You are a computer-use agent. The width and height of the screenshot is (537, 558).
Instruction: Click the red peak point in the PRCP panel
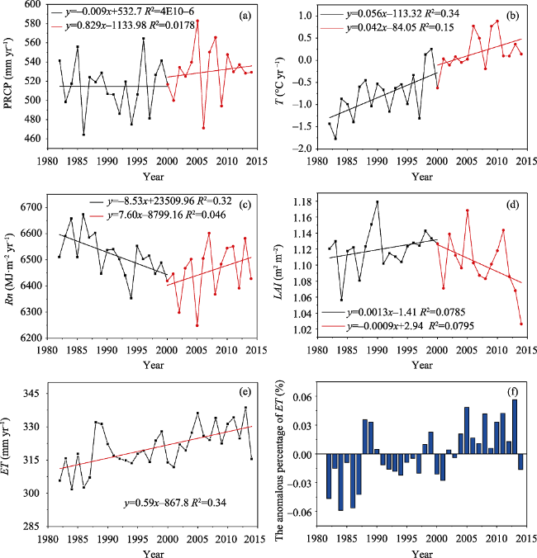pyautogui.click(x=197, y=21)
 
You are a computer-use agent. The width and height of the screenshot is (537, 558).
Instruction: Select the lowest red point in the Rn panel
pyautogui.click(x=197, y=325)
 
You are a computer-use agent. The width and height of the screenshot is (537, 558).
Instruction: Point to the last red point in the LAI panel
pyautogui.click(x=522, y=324)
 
